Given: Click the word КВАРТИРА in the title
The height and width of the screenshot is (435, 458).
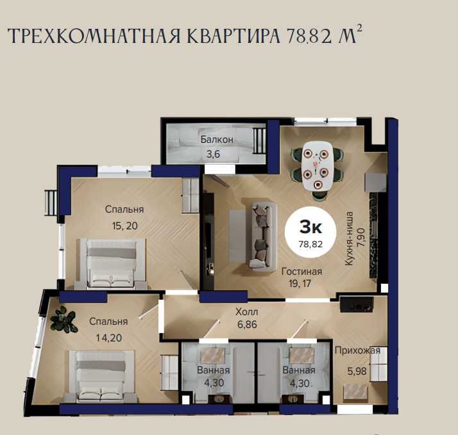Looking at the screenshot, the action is pos(233,37).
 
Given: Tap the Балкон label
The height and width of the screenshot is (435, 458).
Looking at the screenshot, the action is pos(217,140).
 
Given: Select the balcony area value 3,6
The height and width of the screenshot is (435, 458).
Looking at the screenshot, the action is pos(213,154).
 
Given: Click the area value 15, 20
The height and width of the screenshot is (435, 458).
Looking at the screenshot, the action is pos(124,226).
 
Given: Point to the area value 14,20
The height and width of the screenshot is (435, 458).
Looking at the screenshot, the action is pos(109,338).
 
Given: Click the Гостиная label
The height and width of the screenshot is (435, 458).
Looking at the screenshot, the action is pos(301,272).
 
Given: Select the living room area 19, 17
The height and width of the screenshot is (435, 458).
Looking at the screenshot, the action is pos(300,283).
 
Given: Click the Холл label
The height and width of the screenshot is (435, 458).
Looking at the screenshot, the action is pos(247,312).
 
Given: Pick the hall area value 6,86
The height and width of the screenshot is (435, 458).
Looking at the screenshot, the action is pos(247,324).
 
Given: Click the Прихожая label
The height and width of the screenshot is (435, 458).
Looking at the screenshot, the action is pos(357,350).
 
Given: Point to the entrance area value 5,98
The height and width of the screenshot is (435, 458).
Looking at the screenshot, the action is pos(357,372).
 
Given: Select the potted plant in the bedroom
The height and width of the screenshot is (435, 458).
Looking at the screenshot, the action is pos(64,320).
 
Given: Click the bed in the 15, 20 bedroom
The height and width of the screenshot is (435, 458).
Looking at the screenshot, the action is pos(111,263).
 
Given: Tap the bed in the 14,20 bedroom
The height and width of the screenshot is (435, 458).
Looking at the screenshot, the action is pos(101,376).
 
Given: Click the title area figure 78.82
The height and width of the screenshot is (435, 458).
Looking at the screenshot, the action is pos(309,37).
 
